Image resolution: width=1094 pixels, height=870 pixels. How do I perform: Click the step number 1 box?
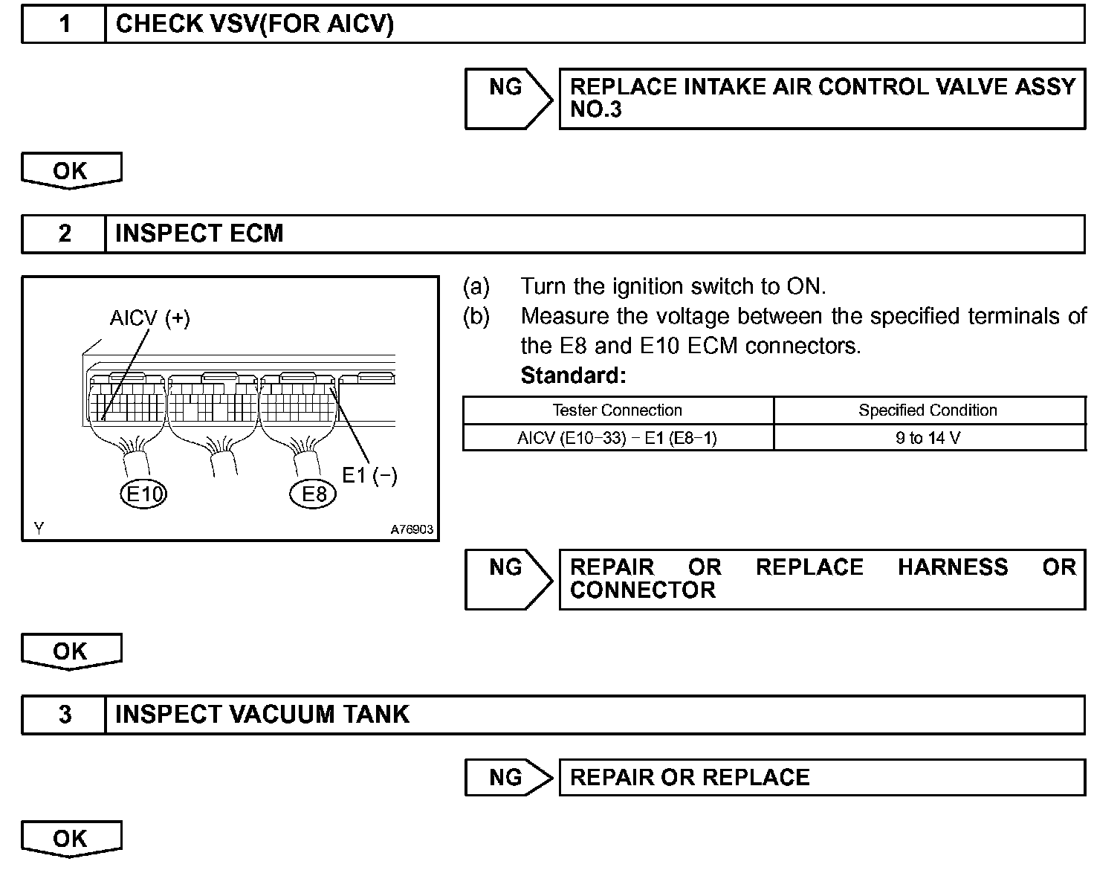[65, 24]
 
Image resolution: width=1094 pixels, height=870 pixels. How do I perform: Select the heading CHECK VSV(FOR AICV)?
[254, 24]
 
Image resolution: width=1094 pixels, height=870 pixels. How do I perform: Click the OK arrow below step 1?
[71, 171]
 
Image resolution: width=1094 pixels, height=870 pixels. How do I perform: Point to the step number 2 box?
[65, 233]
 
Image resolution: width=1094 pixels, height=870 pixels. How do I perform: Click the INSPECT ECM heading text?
[199, 233]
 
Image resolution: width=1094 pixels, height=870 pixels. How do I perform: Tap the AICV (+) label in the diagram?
[149, 318]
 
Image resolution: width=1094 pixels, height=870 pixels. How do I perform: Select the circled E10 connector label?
[143, 494]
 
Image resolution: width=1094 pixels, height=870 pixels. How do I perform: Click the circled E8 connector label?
[313, 494]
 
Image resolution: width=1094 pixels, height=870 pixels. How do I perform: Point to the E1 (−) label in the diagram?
[369, 476]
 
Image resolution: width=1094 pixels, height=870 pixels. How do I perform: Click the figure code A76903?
[411, 529]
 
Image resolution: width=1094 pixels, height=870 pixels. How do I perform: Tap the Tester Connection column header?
[617, 410]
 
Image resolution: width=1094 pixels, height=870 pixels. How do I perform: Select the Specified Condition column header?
[928, 410]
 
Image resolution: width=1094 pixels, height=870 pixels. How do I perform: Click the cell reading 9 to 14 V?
[928, 438]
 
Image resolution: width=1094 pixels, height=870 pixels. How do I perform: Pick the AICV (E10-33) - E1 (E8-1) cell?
[617, 438]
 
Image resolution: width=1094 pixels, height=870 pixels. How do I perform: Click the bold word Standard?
[573, 376]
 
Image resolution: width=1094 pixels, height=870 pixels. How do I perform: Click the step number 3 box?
[65, 715]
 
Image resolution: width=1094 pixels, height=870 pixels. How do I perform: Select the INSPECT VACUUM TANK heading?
[262, 715]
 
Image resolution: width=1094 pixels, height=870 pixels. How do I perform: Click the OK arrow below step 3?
[71, 839]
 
